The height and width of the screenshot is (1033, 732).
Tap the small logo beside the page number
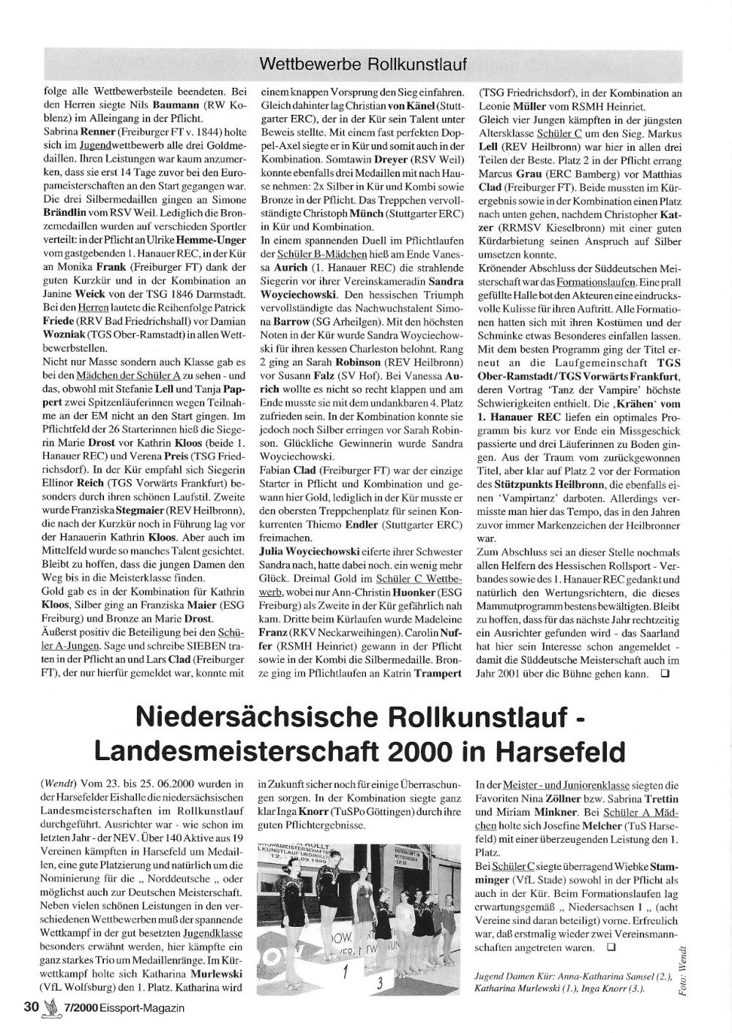50,1007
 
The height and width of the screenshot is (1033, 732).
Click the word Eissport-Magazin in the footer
143,1007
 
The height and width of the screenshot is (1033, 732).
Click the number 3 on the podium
379,983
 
